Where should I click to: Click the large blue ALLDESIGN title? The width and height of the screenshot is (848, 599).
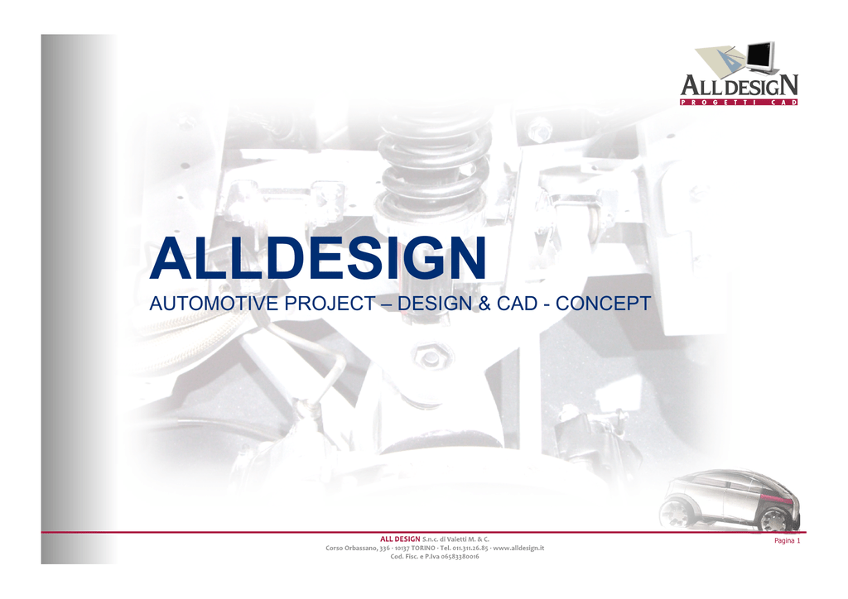pos(318,258)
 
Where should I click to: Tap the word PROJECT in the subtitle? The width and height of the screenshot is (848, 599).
pos(330,304)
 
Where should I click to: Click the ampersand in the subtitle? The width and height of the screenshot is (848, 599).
pos(484,304)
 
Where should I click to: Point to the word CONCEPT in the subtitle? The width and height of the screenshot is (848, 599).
pos(603,304)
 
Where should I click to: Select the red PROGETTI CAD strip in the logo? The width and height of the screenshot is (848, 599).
pos(739,102)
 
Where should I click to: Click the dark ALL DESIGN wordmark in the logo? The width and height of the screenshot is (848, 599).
pos(739,85)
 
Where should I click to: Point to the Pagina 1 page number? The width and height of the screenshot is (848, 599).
pos(787,540)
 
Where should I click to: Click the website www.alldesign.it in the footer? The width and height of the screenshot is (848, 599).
pos(518,548)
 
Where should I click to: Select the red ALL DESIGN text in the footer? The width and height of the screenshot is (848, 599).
pos(400,539)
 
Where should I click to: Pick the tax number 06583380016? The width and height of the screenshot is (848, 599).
pos(460,556)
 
